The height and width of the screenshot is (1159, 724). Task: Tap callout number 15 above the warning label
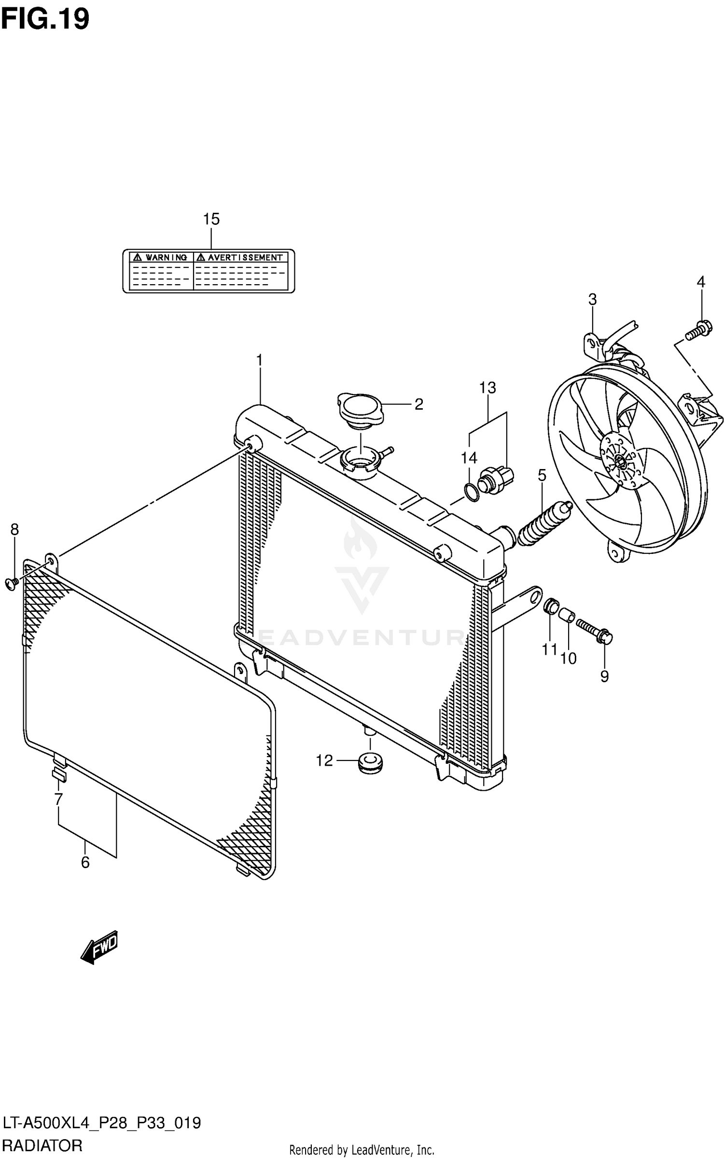[211, 219]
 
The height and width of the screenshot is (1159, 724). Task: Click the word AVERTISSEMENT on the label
[245, 258]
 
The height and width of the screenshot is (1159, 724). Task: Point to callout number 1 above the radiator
[259, 360]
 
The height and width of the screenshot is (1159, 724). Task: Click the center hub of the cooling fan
[620, 463]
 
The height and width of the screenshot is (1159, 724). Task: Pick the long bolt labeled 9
[594, 630]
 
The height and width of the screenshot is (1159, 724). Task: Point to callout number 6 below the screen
[85, 862]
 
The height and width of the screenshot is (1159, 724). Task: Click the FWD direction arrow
[99, 947]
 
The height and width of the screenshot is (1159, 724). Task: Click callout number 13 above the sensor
[487, 387]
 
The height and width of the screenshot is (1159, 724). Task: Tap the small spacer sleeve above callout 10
[567, 616]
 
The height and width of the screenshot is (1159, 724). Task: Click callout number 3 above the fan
[592, 300]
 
